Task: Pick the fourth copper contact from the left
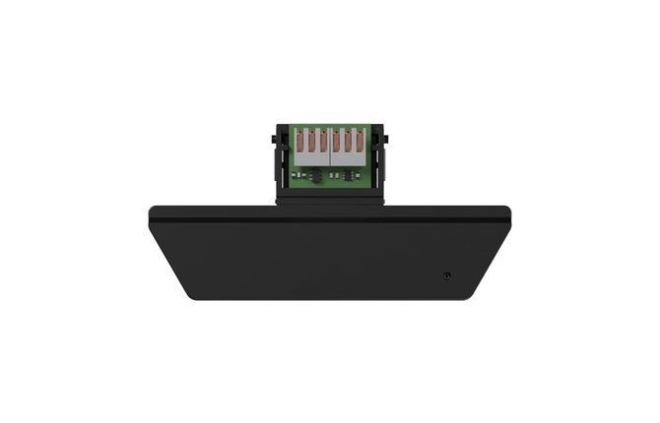coord(336,144)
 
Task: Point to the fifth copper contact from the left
coord(348,144)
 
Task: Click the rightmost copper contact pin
coord(360,144)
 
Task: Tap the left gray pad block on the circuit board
coord(310,146)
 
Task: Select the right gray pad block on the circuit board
coord(348,146)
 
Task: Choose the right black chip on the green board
coord(346,173)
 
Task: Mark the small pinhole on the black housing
coord(447,275)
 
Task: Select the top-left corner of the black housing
coord(151,209)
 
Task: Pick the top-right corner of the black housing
coord(508,209)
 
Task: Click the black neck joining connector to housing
coord(329,197)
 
